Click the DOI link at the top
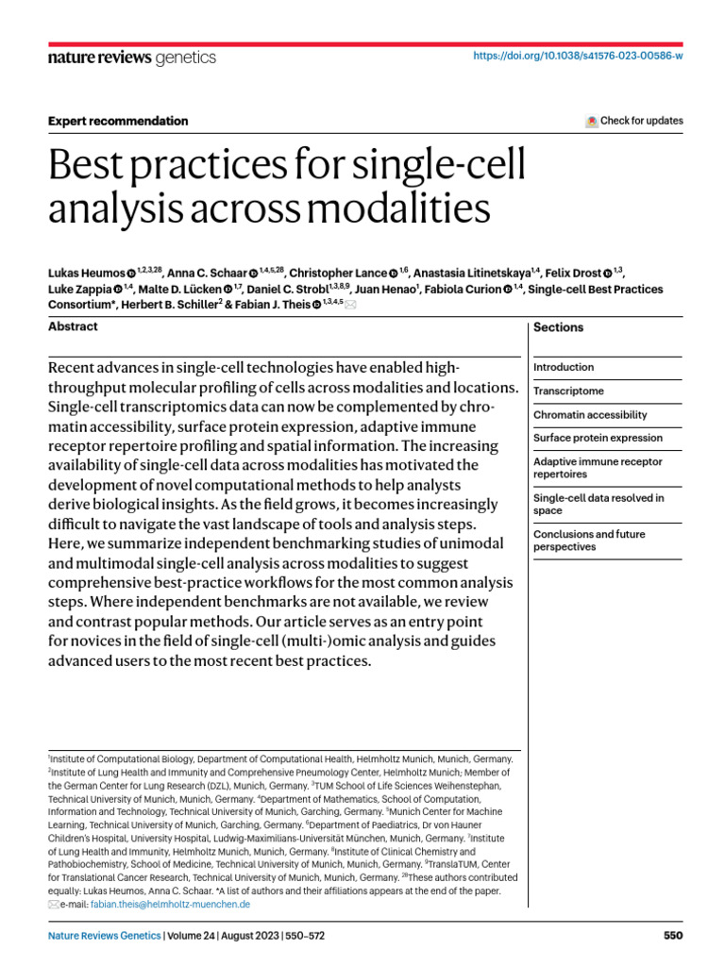coord(577,57)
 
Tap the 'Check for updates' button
coord(634,121)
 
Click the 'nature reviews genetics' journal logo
coord(131,58)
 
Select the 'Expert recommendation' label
coord(118,121)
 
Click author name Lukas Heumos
coord(86,274)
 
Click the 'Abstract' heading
coord(73,326)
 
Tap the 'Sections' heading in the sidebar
coord(558,327)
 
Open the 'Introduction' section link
coord(564,367)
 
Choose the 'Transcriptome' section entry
coord(568,391)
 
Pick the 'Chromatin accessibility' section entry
coord(590,414)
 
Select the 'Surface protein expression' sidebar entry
coord(597,438)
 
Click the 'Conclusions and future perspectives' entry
coord(589,541)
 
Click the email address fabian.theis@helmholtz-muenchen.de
coord(170,904)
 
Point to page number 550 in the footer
coord(672,936)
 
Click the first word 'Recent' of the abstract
coord(74,366)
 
